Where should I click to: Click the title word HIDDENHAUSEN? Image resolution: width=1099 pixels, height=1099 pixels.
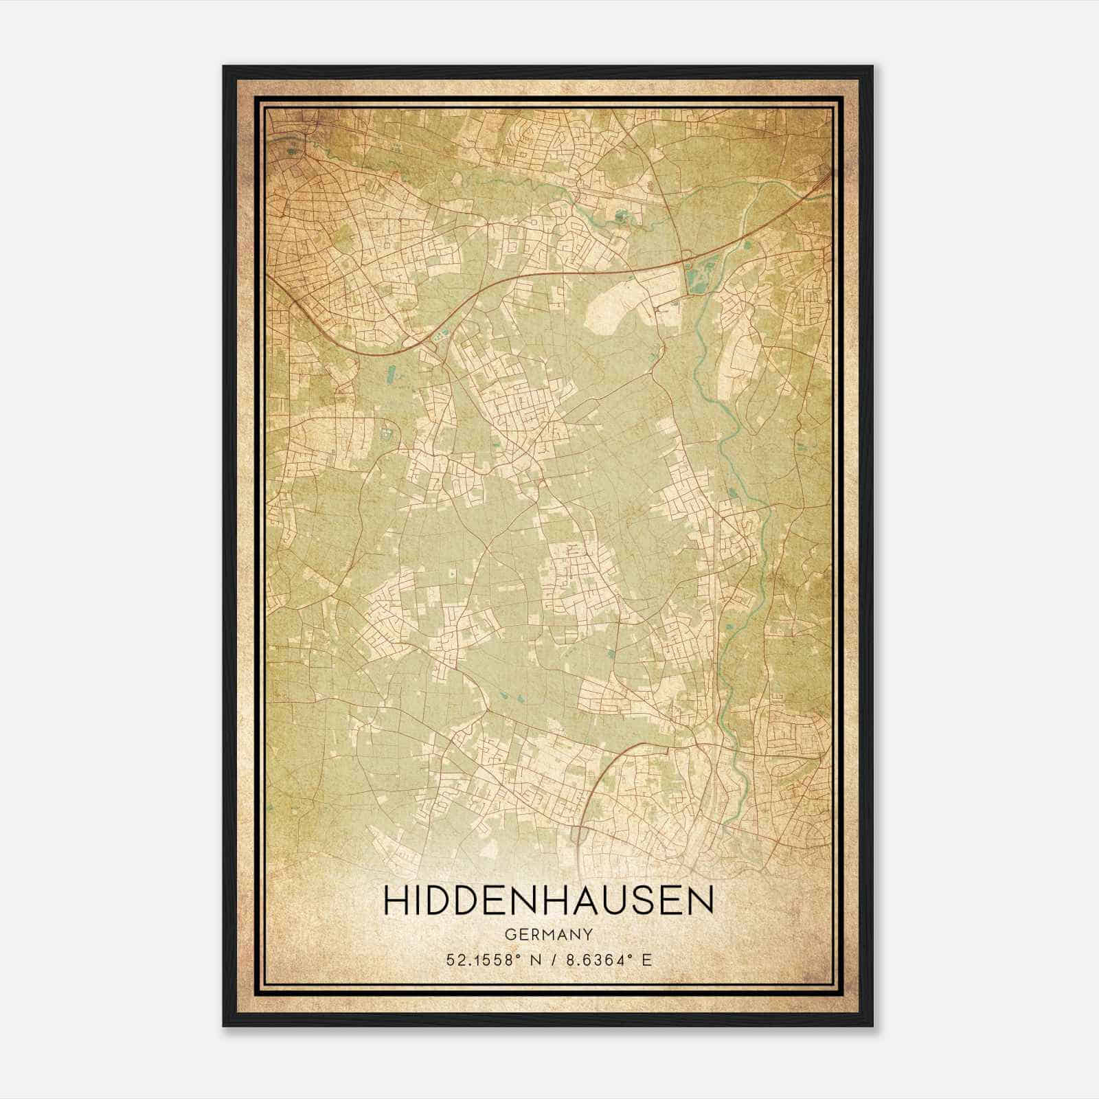(549, 901)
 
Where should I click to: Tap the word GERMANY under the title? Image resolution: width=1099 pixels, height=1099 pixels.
(549, 935)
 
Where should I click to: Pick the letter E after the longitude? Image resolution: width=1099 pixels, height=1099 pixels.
(646, 960)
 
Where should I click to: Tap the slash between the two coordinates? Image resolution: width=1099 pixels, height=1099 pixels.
(554, 960)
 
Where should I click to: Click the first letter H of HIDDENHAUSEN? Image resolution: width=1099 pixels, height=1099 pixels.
(395, 901)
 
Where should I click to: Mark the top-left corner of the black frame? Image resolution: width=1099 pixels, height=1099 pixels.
(224, 67)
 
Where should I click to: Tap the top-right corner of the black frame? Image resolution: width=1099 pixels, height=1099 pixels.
(872, 67)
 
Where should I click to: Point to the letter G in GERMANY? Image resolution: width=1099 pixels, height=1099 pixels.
(510, 935)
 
